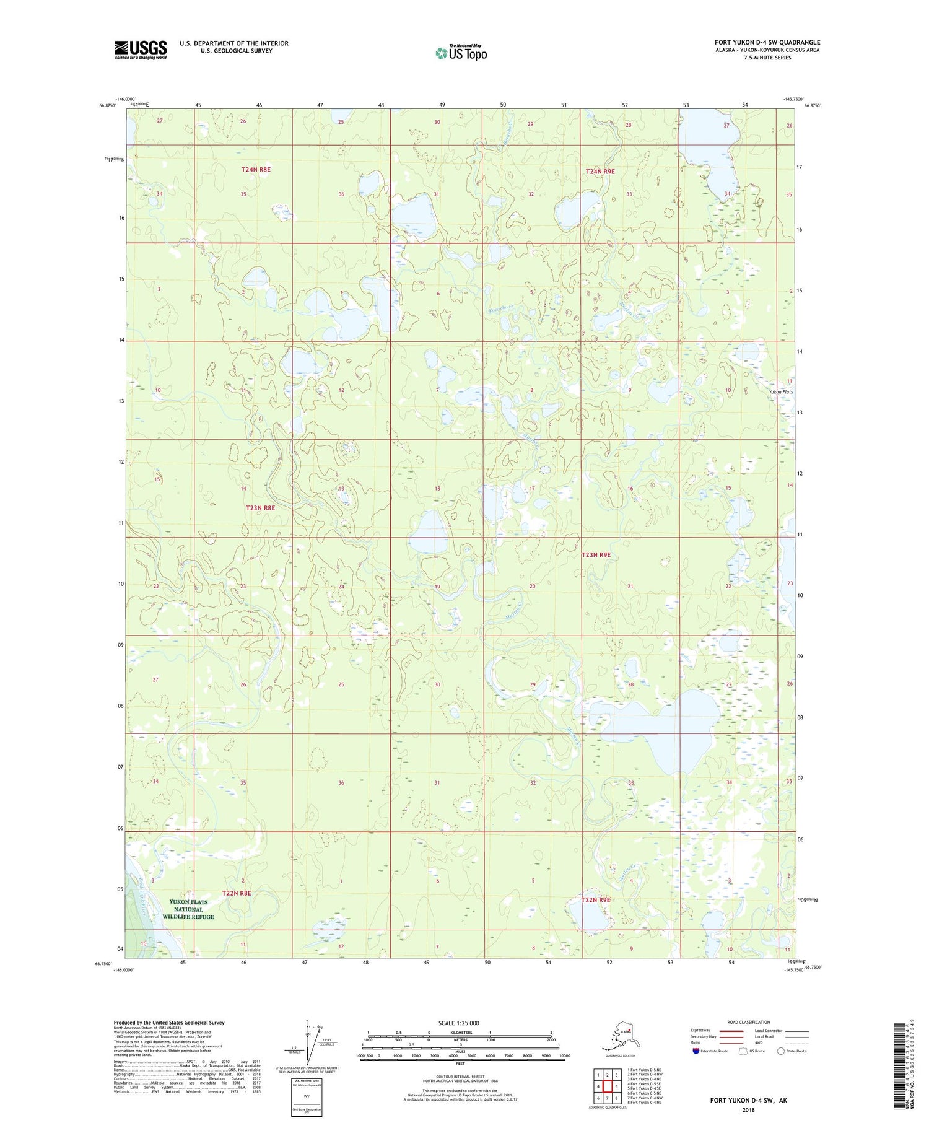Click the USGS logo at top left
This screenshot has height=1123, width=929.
point(141,50)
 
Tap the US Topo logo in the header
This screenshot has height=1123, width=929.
point(461,52)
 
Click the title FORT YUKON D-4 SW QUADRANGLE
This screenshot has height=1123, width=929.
point(767,42)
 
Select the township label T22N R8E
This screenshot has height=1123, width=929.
point(237,893)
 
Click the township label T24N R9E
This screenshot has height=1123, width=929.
point(600,171)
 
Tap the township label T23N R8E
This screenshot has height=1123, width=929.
point(260,508)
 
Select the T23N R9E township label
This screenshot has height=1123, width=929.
point(596,555)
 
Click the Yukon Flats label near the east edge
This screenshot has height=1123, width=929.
point(780,392)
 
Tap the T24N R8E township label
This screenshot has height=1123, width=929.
point(256,169)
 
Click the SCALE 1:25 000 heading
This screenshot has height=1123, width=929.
point(458,1023)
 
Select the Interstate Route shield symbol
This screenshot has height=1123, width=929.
point(696,1051)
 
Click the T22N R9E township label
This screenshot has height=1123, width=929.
point(595,899)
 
